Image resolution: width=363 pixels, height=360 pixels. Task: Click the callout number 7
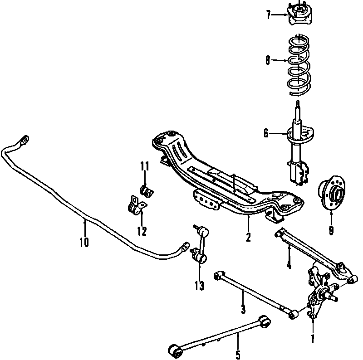pyautogui.click(x=268, y=15)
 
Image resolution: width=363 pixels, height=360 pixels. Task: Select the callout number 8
pyautogui.click(x=268, y=61)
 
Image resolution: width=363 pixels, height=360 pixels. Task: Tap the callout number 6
pyautogui.click(x=266, y=133)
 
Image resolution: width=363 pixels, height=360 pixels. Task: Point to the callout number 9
pyautogui.click(x=331, y=230)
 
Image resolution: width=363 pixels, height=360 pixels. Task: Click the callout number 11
pyautogui.click(x=145, y=166)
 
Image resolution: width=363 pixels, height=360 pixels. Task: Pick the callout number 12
pyautogui.click(x=142, y=231)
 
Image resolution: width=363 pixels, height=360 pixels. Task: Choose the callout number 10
pyautogui.click(x=84, y=242)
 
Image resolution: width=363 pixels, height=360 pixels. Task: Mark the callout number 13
pyautogui.click(x=199, y=286)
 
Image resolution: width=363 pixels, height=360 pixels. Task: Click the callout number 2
pyautogui.click(x=248, y=237)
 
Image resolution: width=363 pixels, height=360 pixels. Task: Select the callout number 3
pyautogui.click(x=243, y=309)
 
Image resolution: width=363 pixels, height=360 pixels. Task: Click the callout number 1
pyautogui.click(x=313, y=339)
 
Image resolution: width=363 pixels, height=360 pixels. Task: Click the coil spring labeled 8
pyautogui.click(x=299, y=65)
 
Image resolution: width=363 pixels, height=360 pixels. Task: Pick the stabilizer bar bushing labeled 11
pyautogui.click(x=147, y=190)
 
